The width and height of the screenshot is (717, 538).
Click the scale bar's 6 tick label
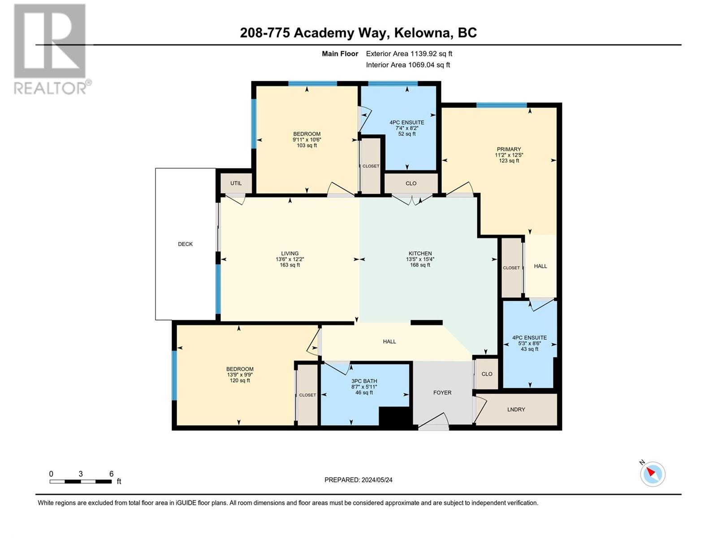tap(111, 473)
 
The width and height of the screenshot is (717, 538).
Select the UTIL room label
tap(236, 183)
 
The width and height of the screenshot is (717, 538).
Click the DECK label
tap(185, 244)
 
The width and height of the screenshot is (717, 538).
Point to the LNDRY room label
tap(516, 409)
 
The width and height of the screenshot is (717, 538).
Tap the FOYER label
tap(442, 392)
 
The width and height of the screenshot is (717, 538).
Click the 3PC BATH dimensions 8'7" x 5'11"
tap(364, 386)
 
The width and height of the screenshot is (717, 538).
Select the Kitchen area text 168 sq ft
tap(420, 265)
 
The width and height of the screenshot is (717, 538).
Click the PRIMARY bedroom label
tap(509, 149)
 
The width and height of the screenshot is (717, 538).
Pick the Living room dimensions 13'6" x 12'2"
tap(289, 259)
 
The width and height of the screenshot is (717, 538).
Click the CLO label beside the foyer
tap(487, 374)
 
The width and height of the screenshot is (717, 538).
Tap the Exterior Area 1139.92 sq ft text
tap(409, 53)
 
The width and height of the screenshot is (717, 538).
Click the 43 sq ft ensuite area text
tap(529, 349)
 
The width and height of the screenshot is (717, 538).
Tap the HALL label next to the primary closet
tap(540, 266)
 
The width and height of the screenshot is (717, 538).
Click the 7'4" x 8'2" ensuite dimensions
tap(406, 128)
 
